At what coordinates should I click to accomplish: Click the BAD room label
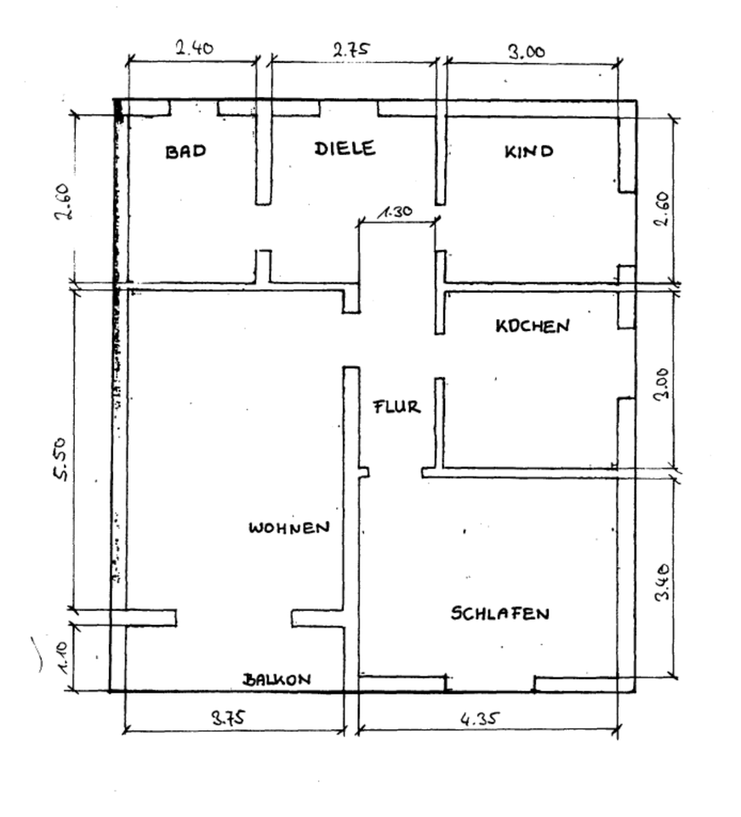click(186, 152)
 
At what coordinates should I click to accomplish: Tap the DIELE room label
click(345, 148)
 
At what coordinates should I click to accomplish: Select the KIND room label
click(529, 152)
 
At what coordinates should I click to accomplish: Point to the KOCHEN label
click(533, 326)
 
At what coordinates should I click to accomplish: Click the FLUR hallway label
click(397, 407)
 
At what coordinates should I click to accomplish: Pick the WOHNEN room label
click(288, 528)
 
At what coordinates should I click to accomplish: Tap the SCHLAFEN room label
click(500, 613)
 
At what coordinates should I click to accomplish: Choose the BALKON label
click(277, 679)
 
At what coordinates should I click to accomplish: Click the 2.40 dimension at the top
click(194, 49)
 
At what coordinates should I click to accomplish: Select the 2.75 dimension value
click(351, 49)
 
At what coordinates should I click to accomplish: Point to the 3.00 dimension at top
click(527, 51)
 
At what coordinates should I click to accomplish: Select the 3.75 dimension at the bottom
click(228, 717)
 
